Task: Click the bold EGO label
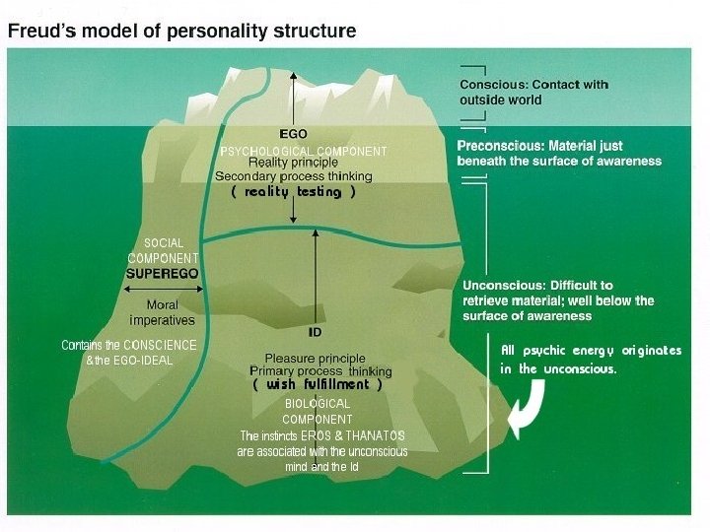coord(293,133)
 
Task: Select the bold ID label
coord(316,332)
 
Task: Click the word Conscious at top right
coord(492,85)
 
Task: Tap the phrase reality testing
coord(293,192)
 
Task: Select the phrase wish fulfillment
coord(317,384)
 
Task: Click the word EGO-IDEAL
coord(139,360)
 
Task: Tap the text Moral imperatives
coord(163,312)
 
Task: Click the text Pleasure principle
coord(315,358)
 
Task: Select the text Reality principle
coord(293,163)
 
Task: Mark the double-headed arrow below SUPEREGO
coord(163,291)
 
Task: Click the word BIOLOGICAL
coord(318,404)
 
